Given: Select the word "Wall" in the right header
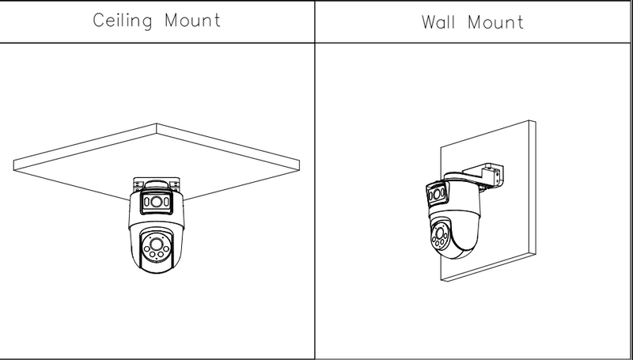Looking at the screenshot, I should click(442, 21).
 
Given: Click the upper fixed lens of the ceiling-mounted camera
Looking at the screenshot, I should click(158, 204).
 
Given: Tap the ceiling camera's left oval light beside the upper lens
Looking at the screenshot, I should click(146, 204).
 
